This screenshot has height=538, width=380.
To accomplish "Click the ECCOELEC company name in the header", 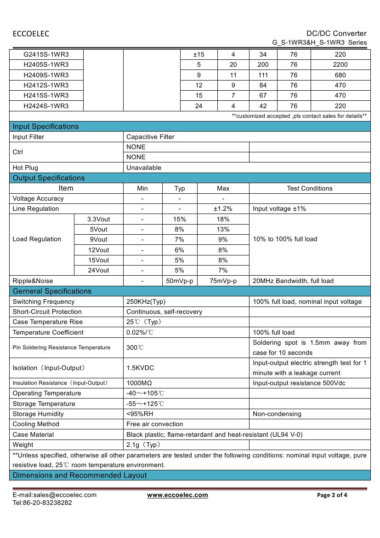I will (x=31, y=34).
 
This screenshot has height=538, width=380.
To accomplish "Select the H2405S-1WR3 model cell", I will (x=46, y=65).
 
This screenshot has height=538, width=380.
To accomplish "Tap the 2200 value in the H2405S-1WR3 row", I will (x=340, y=65).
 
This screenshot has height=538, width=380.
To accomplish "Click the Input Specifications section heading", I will (x=45, y=127).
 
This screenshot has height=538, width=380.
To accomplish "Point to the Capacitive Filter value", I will (x=150, y=137).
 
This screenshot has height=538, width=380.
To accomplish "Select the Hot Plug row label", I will (x=25, y=168).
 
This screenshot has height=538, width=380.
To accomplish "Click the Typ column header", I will (x=180, y=188).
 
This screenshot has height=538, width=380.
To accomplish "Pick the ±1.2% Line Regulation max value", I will (x=223, y=208).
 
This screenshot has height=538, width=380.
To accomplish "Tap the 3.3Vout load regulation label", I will (x=98, y=219).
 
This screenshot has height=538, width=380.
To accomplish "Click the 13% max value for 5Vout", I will (x=223, y=229).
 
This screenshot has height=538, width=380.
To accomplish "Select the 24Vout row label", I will (x=98, y=270).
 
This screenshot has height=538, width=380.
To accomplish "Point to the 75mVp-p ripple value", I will (x=223, y=281).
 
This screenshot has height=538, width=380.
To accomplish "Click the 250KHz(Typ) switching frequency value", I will (x=146, y=301).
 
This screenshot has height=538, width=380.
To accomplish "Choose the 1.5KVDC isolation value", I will (x=140, y=368).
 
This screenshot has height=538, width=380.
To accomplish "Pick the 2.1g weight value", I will (x=143, y=445).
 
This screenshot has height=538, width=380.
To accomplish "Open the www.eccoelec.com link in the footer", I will (x=177, y=495).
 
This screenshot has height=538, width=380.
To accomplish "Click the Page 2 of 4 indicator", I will (x=332, y=495).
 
